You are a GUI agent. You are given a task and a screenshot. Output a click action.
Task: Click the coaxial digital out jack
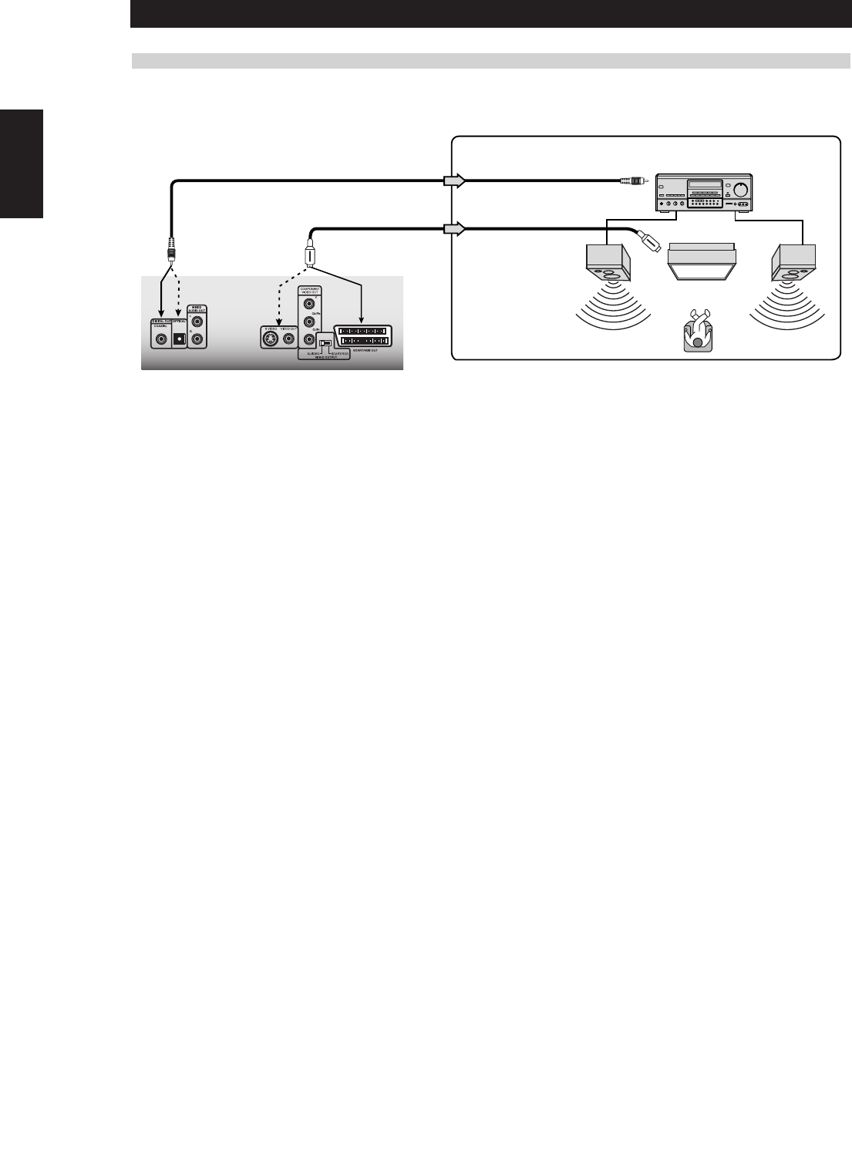pos(161,337)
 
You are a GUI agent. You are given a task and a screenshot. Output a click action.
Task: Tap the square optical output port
pos(179,338)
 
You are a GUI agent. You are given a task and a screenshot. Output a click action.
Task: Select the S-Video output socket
pos(271,338)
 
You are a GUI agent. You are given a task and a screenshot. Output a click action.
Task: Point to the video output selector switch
pos(325,343)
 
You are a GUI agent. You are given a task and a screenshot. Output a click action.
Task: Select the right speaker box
pos(793,261)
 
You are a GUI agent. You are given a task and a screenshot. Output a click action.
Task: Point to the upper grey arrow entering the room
pos(454,181)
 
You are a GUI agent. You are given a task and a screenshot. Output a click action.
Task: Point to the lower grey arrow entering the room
pos(454,228)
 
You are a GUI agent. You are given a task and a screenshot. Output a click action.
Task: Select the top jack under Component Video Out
pos(309,303)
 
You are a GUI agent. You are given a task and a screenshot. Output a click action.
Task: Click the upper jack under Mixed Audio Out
pos(198,322)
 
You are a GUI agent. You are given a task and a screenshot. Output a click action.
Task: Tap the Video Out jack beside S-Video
pos(289,338)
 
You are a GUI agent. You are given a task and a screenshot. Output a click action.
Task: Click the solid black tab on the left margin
pos(22,163)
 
